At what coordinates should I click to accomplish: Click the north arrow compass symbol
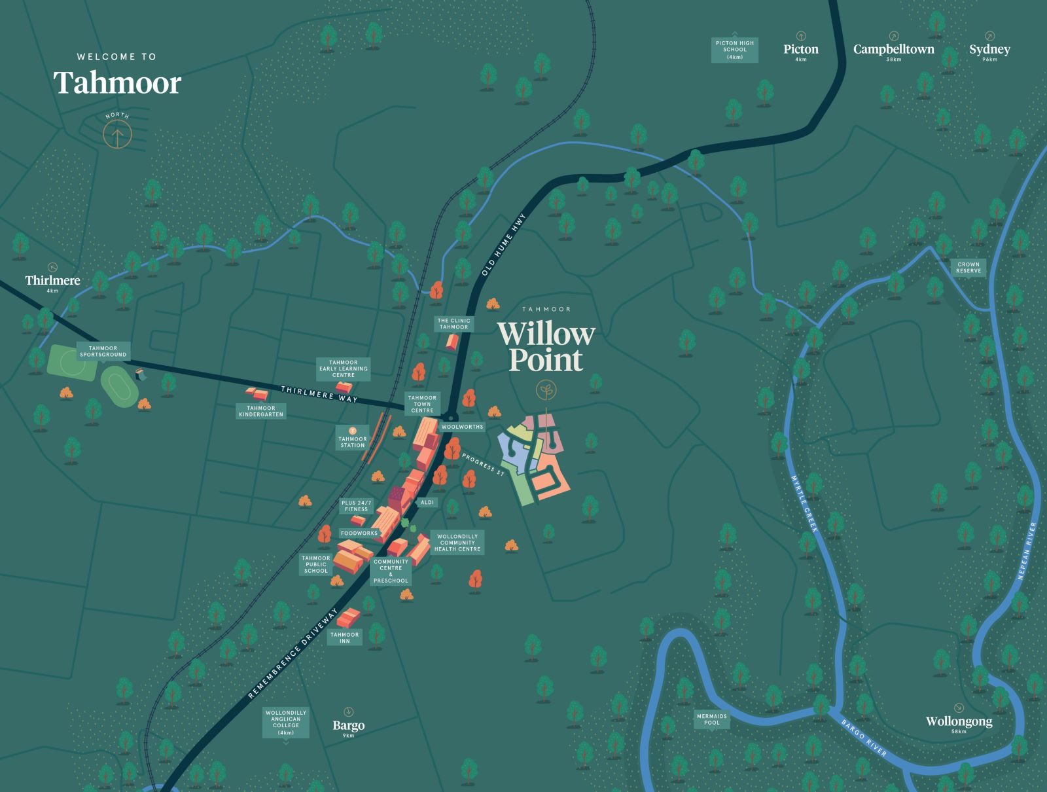point(117,135)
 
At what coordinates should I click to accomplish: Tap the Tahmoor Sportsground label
point(103,351)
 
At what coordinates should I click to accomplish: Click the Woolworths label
point(462,427)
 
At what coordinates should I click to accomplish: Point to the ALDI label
point(427,503)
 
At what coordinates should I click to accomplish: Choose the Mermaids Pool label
point(712,719)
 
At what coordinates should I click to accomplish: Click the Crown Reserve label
point(968,268)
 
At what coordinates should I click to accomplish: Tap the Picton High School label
point(735,50)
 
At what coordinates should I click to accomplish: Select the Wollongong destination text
point(959,721)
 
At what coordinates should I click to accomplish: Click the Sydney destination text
point(989,49)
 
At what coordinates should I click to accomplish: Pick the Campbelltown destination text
point(893,49)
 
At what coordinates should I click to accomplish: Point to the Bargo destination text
point(348,725)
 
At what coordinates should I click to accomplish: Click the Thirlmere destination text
point(52,280)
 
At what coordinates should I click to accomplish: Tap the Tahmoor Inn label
point(345,638)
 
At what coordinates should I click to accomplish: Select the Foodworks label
point(359,533)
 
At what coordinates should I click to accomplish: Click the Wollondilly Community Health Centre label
point(457,543)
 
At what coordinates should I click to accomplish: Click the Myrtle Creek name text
point(804,503)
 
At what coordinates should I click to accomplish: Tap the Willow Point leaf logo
point(546,391)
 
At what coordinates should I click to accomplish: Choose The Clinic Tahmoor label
point(454,324)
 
